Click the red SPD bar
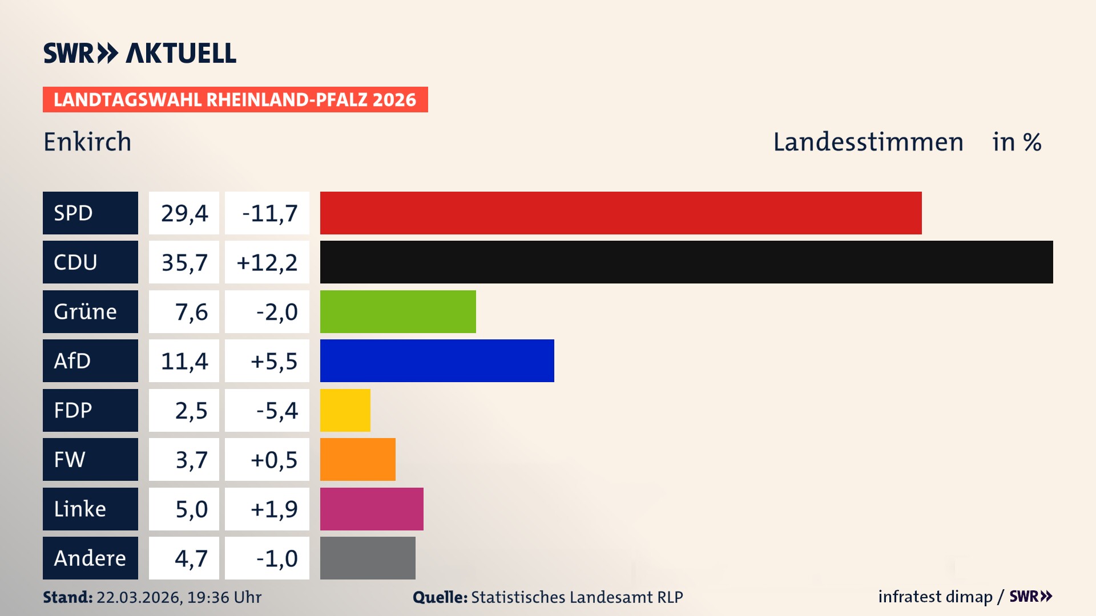(x=620, y=213)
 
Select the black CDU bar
(x=686, y=262)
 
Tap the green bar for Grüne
(x=398, y=311)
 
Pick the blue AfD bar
(x=437, y=360)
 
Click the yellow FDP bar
(x=345, y=410)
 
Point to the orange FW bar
(x=357, y=459)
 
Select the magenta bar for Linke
(x=372, y=509)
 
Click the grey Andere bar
(x=368, y=558)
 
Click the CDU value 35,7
(x=184, y=262)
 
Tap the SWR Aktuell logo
(x=140, y=53)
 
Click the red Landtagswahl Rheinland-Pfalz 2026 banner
(x=235, y=100)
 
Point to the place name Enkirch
(x=87, y=141)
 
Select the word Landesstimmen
(x=868, y=141)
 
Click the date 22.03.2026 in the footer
(x=139, y=597)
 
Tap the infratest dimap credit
(x=935, y=597)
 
